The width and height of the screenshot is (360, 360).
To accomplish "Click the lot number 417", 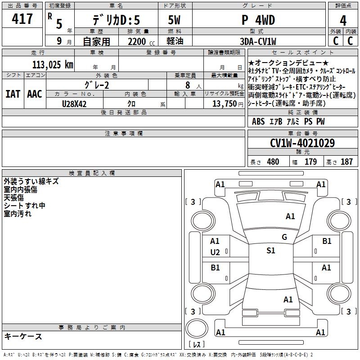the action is pyautogui.click(x=22, y=18).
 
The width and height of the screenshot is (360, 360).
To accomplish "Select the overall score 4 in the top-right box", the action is pyautogui.click(x=343, y=21).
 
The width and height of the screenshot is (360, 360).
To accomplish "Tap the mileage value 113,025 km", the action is pyautogui.click(x=53, y=64).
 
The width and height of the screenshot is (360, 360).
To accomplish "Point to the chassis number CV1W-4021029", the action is pyautogui.click(x=302, y=143).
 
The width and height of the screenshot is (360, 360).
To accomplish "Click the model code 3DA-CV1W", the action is pyautogui.click(x=258, y=41).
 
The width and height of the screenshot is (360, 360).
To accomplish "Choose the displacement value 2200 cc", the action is pyautogui.click(x=141, y=41).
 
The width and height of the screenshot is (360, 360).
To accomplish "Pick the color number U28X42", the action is pyautogui.click(x=74, y=104).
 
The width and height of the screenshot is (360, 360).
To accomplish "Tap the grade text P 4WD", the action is pyautogui.click(x=258, y=20).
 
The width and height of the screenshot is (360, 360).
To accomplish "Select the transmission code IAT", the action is pyautogui.click(x=13, y=94).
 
